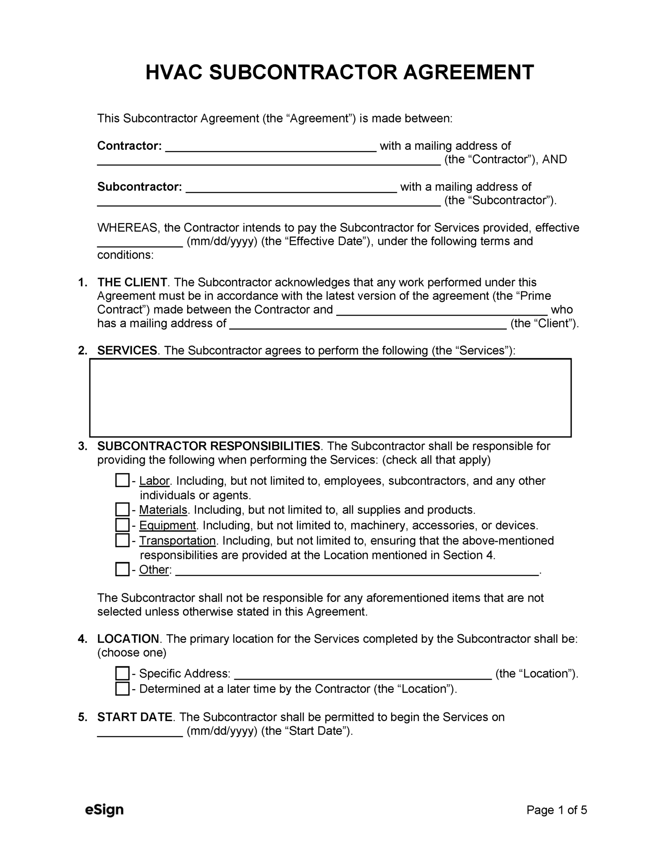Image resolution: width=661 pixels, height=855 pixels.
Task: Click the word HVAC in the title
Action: point(174,73)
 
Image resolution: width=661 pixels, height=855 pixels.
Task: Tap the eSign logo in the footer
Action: point(104,809)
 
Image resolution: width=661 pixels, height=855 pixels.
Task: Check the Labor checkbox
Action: point(122,480)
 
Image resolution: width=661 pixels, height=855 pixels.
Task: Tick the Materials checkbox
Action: point(122,509)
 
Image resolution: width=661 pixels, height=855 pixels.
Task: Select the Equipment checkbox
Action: point(122,525)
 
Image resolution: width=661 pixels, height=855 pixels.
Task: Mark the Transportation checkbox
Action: point(122,540)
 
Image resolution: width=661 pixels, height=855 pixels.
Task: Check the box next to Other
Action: point(122,569)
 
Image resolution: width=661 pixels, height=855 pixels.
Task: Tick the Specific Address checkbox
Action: point(122,673)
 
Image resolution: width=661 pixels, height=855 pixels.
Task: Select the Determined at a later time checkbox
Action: point(122,689)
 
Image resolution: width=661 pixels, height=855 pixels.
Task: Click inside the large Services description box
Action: point(330,397)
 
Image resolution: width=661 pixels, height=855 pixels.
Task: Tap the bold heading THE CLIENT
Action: point(132,282)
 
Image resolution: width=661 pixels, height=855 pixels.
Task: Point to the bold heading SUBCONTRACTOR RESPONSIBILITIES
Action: point(208,446)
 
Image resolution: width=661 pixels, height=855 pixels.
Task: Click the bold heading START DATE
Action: point(134,717)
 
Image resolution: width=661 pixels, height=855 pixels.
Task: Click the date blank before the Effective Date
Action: point(140,243)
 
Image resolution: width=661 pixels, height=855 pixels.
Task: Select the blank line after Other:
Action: point(357,572)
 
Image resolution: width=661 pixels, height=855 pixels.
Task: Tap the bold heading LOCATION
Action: point(128,639)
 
